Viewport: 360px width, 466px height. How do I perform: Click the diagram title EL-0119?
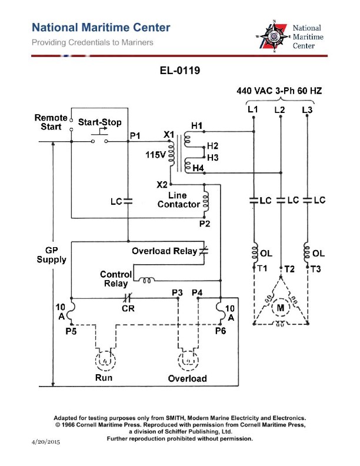click(x=181, y=72)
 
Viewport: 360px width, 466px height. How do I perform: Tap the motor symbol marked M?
click(x=281, y=307)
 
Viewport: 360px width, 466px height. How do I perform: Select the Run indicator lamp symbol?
click(x=104, y=358)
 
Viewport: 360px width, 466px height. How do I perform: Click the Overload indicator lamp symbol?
click(x=187, y=358)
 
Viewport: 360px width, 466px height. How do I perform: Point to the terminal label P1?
click(x=135, y=136)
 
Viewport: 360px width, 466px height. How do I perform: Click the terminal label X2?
click(x=162, y=184)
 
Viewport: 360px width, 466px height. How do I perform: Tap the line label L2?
click(x=280, y=110)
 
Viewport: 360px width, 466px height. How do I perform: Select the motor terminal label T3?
click(x=316, y=268)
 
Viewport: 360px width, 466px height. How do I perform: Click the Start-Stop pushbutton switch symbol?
click(x=99, y=139)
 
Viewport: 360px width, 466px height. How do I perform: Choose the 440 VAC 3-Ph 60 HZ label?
click(x=279, y=91)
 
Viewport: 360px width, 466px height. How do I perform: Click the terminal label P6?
click(x=220, y=331)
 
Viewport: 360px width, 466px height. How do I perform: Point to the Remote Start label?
click(x=51, y=122)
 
